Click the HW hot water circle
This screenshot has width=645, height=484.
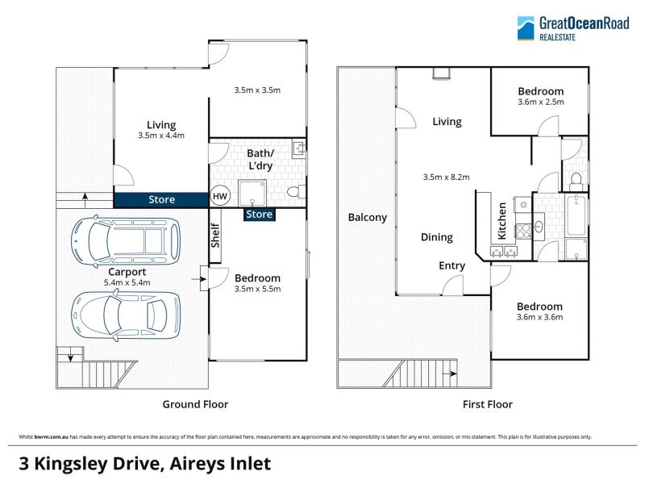219,196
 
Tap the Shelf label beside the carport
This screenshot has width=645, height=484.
215,236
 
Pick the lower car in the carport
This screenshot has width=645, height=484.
126,315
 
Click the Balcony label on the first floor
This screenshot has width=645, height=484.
368,217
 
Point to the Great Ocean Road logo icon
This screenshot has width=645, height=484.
526,28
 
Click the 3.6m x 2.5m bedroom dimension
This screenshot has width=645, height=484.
540,102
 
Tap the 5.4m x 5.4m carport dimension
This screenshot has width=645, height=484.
127,283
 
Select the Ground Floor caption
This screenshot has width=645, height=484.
195,404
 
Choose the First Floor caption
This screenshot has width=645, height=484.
488,404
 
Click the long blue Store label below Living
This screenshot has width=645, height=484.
161,199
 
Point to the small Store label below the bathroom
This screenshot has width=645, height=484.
259,215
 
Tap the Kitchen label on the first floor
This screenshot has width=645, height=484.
501,221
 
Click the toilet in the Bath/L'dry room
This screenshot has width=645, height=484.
295,192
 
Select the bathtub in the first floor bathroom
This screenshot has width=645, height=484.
576,215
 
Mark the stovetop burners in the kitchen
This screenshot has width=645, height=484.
522,231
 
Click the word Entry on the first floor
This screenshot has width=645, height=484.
451,266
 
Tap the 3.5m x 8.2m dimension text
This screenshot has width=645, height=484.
447,177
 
